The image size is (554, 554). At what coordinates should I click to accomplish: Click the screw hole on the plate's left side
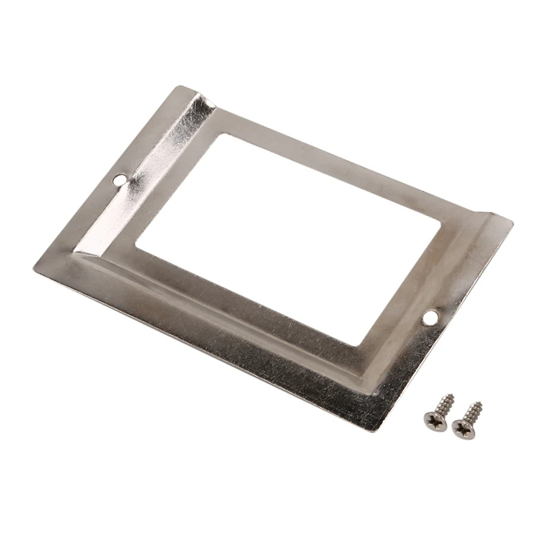(120, 180)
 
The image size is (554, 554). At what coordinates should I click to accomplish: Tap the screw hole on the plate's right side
(431, 316)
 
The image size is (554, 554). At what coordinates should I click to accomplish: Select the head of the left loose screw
(434, 419)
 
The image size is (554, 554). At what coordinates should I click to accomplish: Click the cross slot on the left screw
(434, 419)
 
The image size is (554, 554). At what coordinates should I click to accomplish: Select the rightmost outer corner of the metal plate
(512, 223)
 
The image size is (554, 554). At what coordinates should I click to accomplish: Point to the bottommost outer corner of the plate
(377, 431)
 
